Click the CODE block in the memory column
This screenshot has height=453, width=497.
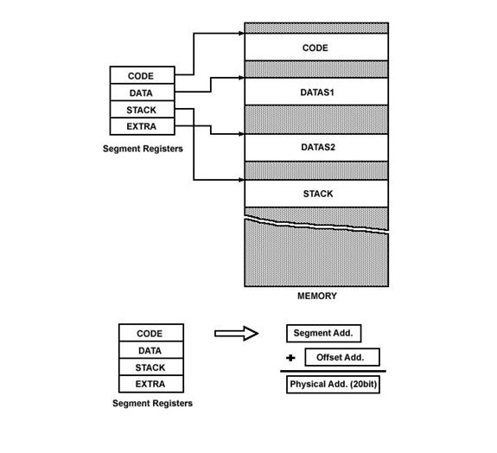click(316, 47)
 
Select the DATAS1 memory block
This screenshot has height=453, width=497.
click(316, 92)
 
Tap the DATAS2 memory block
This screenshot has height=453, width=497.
click(316, 148)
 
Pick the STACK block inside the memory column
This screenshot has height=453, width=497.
click(316, 194)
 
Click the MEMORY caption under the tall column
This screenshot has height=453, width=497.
click(317, 296)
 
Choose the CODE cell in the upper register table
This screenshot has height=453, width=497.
click(143, 75)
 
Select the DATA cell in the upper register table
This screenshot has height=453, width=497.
click(143, 93)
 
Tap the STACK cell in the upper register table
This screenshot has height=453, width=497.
click(143, 110)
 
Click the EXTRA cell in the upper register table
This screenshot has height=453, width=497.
click(143, 126)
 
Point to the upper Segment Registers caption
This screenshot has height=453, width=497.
click(143, 149)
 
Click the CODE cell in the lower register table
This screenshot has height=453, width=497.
click(151, 333)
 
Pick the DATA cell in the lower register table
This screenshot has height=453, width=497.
click(151, 350)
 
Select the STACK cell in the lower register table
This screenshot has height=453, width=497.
click(151, 367)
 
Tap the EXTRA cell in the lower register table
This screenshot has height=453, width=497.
click(151, 384)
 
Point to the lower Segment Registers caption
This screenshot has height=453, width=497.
click(152, 403)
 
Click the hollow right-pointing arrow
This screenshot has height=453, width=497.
click(237, 334)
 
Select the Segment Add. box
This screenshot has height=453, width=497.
click(323, 334)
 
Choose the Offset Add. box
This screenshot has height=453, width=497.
click(342, 357)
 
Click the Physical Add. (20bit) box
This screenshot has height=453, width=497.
click(333, 385)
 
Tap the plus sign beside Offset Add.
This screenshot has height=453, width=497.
click(290, 358)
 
